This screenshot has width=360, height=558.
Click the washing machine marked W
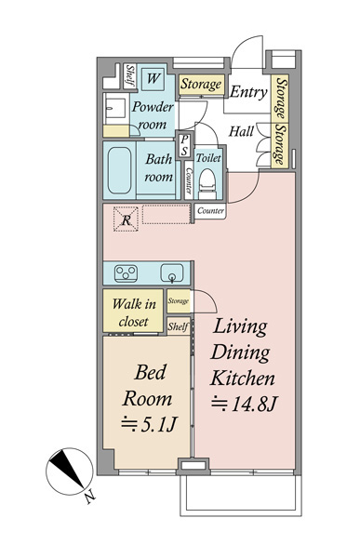point(153,78)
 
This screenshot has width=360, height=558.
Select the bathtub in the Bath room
point(119,170)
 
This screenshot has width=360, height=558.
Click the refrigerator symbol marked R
point(126,219)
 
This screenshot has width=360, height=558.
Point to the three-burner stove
point(126,273)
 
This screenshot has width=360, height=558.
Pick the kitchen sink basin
point(172,272)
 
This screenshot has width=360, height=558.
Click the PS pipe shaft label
point(184,145)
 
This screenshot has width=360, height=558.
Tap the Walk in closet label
point(134,312)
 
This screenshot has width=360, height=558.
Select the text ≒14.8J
point(244,404)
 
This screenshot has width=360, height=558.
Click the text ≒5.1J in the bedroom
point(149,424)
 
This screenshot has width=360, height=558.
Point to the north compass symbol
point(70,472)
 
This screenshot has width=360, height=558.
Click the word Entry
point(248,92)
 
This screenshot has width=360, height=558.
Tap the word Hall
point(241,131)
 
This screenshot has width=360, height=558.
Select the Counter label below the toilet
point(210,211)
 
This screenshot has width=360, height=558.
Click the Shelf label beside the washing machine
point(130,76)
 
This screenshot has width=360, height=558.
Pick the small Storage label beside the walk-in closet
point(178,301)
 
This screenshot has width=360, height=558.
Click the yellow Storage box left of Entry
point(201,85)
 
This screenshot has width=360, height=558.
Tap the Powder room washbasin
point(115,108)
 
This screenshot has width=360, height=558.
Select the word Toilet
point(208,158)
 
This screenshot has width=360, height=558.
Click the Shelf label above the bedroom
point(178,326)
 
